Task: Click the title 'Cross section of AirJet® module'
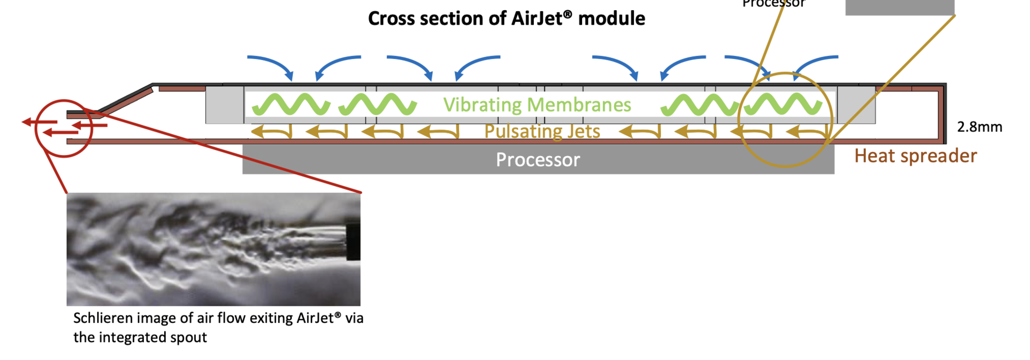506,19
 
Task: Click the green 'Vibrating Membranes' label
537,105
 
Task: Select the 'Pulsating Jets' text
542,131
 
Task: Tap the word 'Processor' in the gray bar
538,160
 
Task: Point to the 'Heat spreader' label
915,156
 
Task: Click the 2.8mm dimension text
980,127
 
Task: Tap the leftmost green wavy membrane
291,105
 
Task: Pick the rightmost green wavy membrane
783,105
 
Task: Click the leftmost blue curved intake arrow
271,64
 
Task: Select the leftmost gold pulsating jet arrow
271,131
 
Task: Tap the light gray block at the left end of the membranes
224,105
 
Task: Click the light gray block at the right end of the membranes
856,105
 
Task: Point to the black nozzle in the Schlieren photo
353,241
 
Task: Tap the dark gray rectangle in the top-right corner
900,6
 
